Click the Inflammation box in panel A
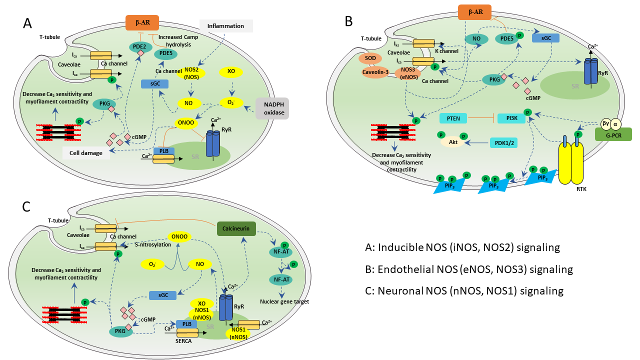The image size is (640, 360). [226, 26]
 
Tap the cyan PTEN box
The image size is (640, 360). [453, 118]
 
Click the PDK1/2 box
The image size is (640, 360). [507, 142]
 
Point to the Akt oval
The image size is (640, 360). [453, 142]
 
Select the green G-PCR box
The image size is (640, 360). [612, 134]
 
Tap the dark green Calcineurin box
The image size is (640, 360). [236, 229]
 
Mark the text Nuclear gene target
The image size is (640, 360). [285, 301]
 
